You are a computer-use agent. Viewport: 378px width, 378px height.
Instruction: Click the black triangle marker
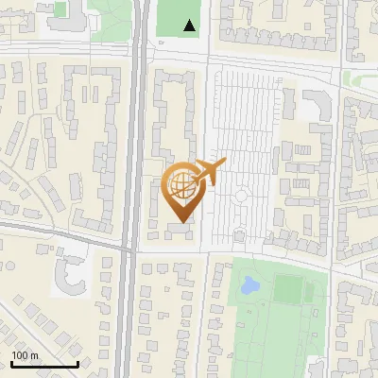click(191, 26)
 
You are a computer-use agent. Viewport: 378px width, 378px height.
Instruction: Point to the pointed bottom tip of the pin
click(181, 222)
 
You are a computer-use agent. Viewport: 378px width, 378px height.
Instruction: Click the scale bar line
click(44, 365)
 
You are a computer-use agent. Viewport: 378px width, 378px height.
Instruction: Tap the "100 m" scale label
click(26, 355)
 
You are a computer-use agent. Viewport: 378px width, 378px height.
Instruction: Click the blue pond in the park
click(251, 283)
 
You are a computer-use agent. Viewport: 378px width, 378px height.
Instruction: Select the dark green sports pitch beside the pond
click(287, 289)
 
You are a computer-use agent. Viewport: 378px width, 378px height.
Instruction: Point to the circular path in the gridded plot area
click(241, 197)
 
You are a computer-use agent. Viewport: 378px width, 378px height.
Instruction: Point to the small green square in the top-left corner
click(60, 9)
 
